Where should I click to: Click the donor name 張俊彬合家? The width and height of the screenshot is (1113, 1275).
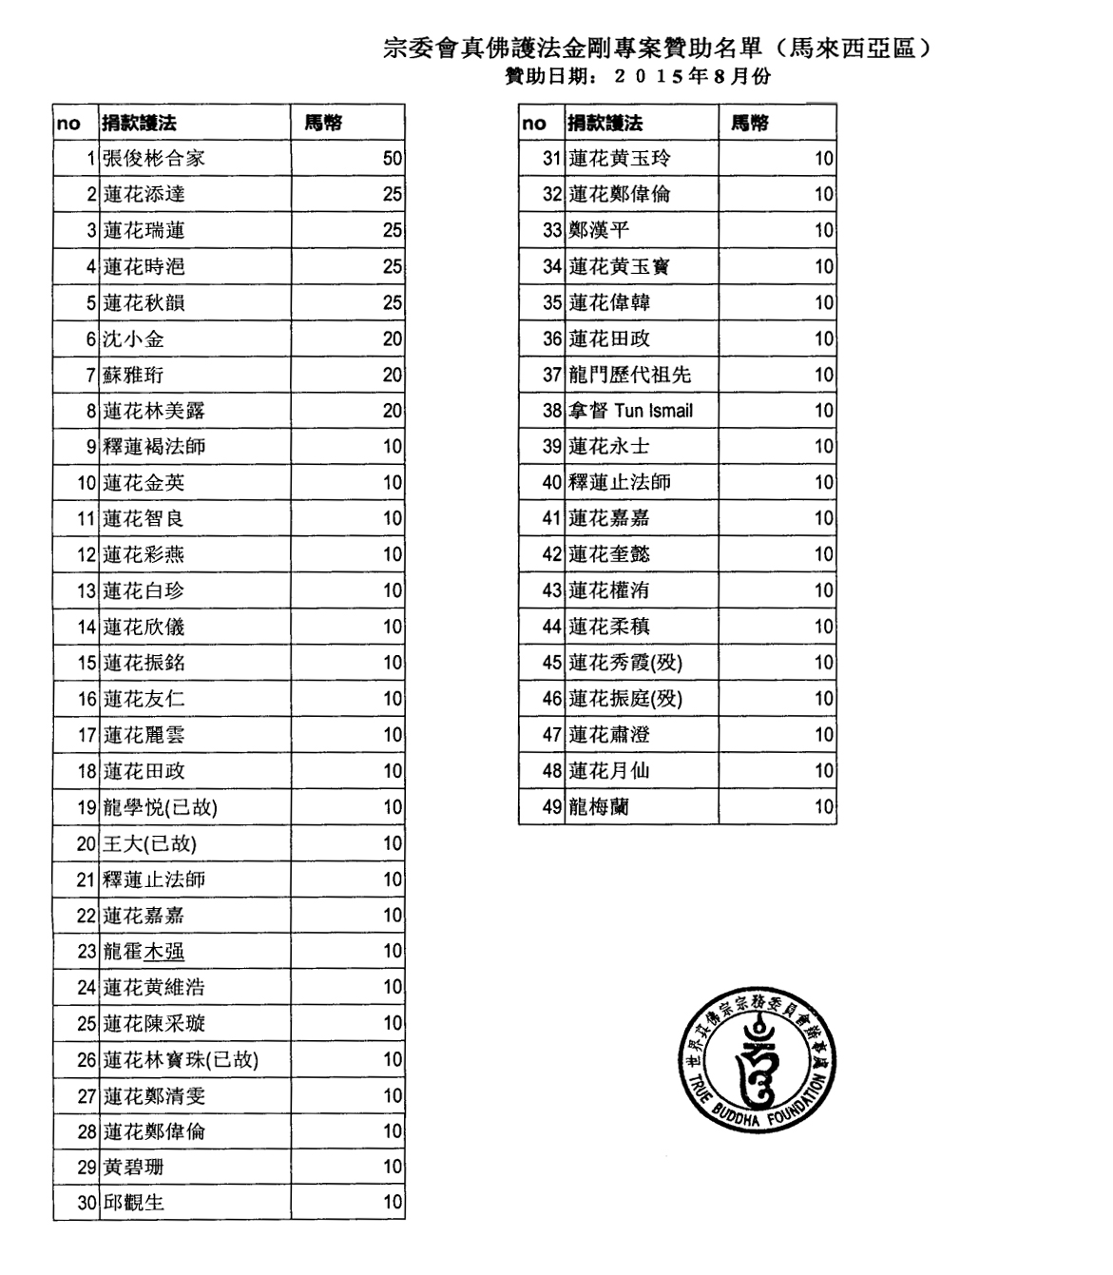click(154, 159)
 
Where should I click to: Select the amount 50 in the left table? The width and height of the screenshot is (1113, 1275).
click(393, 159)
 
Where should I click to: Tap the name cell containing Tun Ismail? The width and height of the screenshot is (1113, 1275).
click(631, 411)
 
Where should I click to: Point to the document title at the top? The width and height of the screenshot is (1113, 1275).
click(655, 48)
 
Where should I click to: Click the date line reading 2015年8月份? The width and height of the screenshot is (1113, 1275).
click(638, 77)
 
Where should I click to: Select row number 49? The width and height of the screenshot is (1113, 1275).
click(552, 807)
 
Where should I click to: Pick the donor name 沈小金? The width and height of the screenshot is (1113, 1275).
click(133, 339)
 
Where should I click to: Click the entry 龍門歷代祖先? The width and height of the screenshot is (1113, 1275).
click(630, 375)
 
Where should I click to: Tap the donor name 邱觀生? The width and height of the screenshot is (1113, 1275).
click(133, 1203)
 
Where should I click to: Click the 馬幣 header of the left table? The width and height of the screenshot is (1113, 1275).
click(323, 123)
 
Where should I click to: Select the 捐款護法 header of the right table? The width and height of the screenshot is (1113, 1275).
click(605, 123)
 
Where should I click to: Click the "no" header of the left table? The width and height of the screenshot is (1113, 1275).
click(68, 123)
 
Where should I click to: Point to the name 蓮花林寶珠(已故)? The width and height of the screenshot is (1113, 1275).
click(181, 1059)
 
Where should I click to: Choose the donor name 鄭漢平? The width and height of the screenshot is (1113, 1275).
click(599, 230)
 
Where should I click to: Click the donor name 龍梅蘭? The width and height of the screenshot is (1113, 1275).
click(599, 807)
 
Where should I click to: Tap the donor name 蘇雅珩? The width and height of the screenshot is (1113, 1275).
click(133, 376)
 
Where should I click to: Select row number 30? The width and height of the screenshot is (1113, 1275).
click(87, 1203)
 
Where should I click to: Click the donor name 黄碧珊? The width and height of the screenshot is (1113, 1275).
click(133, 1167)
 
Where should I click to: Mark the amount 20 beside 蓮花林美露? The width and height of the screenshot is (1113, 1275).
click(393, 411)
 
